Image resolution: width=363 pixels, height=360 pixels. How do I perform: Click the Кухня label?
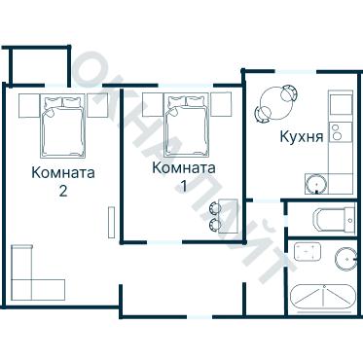(x=301, y=136)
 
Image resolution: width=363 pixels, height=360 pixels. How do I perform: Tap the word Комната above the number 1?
(x=184, y=167)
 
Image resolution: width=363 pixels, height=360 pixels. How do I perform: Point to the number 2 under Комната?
(x=63, y=191)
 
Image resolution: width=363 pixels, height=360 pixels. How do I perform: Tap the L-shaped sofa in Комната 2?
(x=34, y=277)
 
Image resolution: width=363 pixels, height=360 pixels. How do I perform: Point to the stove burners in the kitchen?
(x=338, y=132)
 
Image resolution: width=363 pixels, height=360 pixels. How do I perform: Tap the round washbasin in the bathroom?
(x=346, y=258)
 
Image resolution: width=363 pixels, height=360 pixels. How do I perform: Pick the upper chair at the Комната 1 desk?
(x=215, y=207)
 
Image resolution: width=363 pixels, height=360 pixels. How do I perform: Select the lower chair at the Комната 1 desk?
(x=215, y=224)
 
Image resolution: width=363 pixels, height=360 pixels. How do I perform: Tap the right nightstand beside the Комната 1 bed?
(x=220, y=103)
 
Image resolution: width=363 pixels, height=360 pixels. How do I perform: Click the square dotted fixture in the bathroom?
(x=308, y=252)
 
